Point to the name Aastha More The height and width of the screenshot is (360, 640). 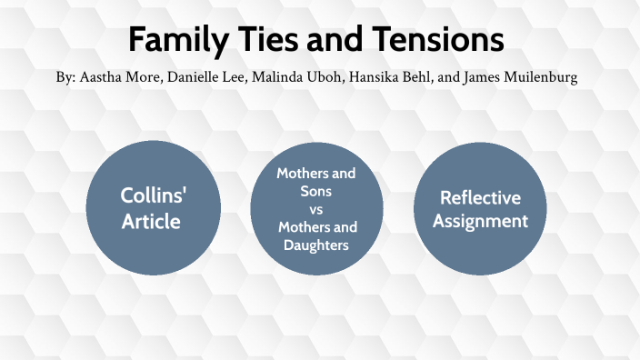pos(116,78)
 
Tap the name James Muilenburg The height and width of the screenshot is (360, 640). pos(521,78)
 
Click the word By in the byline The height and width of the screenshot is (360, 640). pos(65,78)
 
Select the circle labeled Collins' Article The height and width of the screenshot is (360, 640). pos(154,209)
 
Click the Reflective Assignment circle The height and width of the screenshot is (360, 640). pos(480,209)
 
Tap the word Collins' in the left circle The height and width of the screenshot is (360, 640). pos(154,196)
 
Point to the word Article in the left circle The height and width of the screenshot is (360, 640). pos(154,222)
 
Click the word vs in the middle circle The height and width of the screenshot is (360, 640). pos(316,209)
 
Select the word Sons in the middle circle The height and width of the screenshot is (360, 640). pos(316,191)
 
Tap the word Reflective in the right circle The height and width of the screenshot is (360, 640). pos(480,197)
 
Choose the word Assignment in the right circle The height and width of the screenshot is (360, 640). pos(480,221)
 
